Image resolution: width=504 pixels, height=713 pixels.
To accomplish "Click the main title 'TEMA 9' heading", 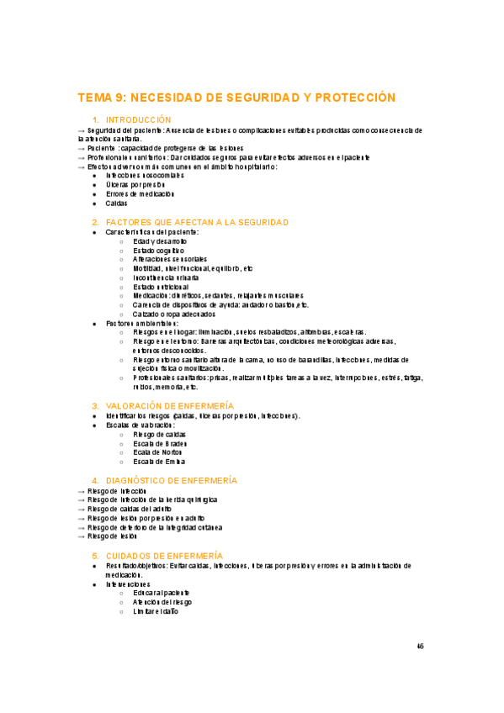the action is pos(236,98).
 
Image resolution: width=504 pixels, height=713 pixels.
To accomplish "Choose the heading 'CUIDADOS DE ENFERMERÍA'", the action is pos(164,556).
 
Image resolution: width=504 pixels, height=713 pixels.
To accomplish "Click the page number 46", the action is pos(421,647).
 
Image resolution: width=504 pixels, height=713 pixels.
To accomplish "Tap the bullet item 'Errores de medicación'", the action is pos(140,193).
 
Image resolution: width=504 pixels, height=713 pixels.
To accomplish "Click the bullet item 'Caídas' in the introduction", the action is pos(117,203).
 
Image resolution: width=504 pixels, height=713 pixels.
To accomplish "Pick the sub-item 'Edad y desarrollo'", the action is pos(160,240).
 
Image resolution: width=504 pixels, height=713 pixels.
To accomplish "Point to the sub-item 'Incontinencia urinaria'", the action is pos(166,277).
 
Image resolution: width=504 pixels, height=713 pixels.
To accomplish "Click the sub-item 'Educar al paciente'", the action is pos(161,593).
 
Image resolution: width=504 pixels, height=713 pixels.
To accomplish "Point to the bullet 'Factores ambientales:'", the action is pos(141,323).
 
